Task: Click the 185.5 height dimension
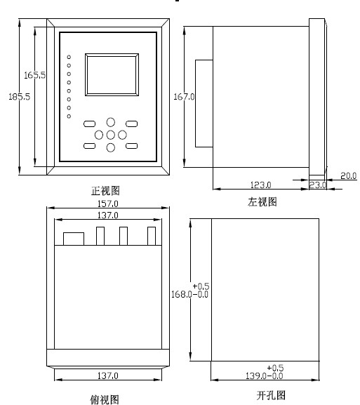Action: tap(19, 97)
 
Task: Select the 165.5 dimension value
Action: tap(34, 75)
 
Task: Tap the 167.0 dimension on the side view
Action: tap(184, 97)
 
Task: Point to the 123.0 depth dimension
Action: tap(261, 185)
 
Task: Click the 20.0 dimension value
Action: tap(348, 176)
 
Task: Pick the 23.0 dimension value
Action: tap(318, 185)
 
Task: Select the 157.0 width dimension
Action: tap(108, 204)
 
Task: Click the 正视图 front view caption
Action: tap(106, 191)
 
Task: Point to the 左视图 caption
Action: tap(262, 201)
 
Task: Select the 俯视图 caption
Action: tap(105, 399)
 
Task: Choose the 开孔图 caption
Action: tap(271, 395)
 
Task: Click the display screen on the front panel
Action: tap(112, 74)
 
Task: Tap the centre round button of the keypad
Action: tap(111, 135)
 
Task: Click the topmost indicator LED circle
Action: tap(69, 57)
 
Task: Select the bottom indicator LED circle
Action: tap(69, 117)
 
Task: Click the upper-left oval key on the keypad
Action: tap(89, 124)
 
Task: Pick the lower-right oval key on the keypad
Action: tap(131, 146)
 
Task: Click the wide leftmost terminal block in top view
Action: tap(74, 239)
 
